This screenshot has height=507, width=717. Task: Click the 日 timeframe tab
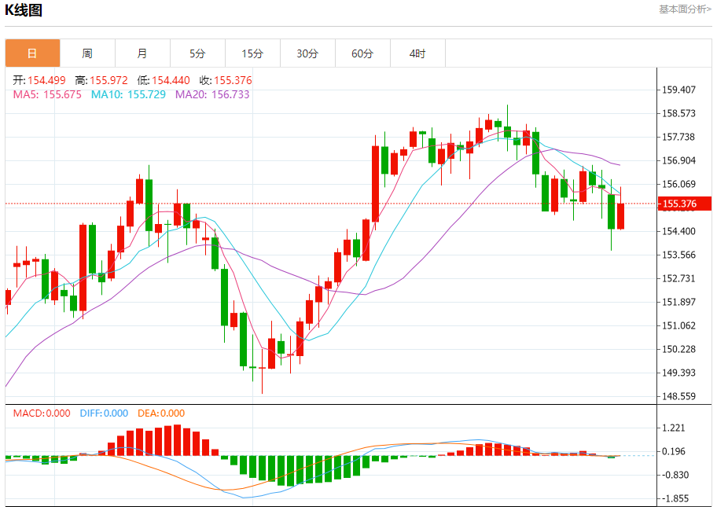point(32,53)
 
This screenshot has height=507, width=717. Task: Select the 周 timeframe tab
point(87,53)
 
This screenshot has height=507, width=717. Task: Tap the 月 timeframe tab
point(142,53)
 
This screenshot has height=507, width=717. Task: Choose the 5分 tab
point(197,53)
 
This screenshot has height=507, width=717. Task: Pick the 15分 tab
point(252,53)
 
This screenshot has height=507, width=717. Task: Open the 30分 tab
point(307,53)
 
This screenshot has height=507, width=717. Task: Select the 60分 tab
point(362,53)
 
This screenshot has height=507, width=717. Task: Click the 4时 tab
point(417,53)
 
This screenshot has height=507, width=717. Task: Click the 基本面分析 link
point(685,9)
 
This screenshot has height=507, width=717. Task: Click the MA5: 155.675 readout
point(47,94)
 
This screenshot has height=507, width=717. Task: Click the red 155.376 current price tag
point(679,204)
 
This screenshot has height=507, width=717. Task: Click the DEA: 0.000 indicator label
point(161,413)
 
